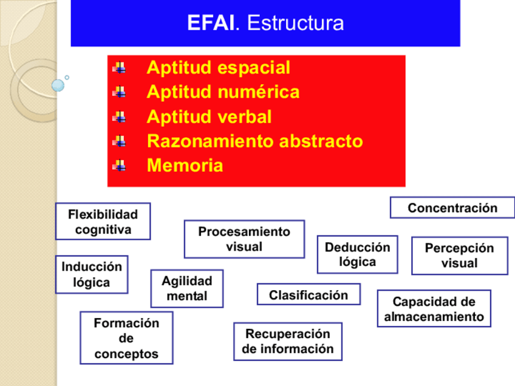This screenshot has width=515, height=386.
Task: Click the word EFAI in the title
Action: [210, 24]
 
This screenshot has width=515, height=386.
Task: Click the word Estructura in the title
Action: [295, 24]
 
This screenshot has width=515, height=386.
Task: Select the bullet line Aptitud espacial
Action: [218, 68]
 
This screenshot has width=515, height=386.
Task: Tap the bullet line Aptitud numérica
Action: [223, 92]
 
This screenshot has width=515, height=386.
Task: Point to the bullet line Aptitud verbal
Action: [209, 117]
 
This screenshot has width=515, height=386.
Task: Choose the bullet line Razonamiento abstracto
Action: [254, 141]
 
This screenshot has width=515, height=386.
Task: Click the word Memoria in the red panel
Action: [185, 166]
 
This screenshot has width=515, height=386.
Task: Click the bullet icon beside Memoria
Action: [120, 166]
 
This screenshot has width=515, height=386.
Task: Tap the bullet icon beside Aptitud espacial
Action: [120, 68]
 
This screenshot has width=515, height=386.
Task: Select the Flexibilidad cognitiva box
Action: [103, 222]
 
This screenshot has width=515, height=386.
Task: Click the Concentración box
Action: [452, 208]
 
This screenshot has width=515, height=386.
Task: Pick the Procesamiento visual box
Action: [244, 239]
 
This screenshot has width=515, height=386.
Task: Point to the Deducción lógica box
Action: [357, 254]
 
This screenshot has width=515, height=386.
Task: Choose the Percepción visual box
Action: [459, 256]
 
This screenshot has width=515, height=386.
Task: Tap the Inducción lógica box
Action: [92, 274]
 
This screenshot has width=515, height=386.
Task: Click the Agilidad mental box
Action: [187, 288]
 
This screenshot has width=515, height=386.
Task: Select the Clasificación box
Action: [309, 295]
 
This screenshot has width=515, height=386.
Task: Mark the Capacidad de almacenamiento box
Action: [434, 309]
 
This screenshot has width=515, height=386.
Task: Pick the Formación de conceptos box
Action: [126, 338]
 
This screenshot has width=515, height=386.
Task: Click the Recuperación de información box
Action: [287, 341]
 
